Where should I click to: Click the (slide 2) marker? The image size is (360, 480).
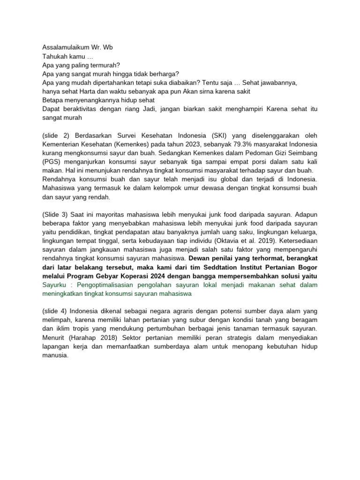point(55,135)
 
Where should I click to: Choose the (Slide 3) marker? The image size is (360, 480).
point(55,214)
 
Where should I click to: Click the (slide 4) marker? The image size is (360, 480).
point(55,311)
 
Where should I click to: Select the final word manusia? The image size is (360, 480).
point(55,355)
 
